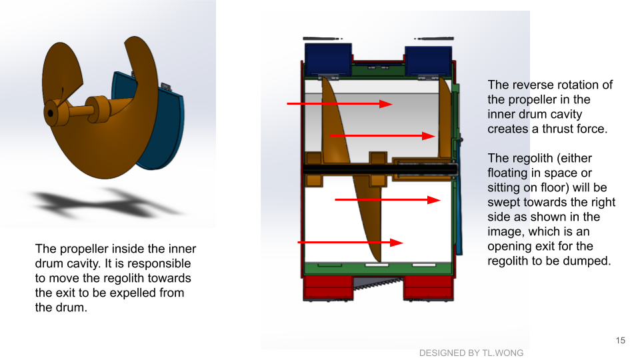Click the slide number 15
coord(621,341)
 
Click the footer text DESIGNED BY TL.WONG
coord(471,353)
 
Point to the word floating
coord(507,173)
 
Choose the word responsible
coord(157,264)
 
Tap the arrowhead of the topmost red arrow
coord(386,104)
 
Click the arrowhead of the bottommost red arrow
coord(397,243)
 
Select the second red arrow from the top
coord(383,136)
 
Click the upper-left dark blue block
coord(328,59)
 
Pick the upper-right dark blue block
coord(428,61)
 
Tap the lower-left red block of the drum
coord(328,287)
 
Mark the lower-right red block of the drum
coord(428,287)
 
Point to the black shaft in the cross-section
coord(379,169)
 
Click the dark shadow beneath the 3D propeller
coord(107,203)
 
